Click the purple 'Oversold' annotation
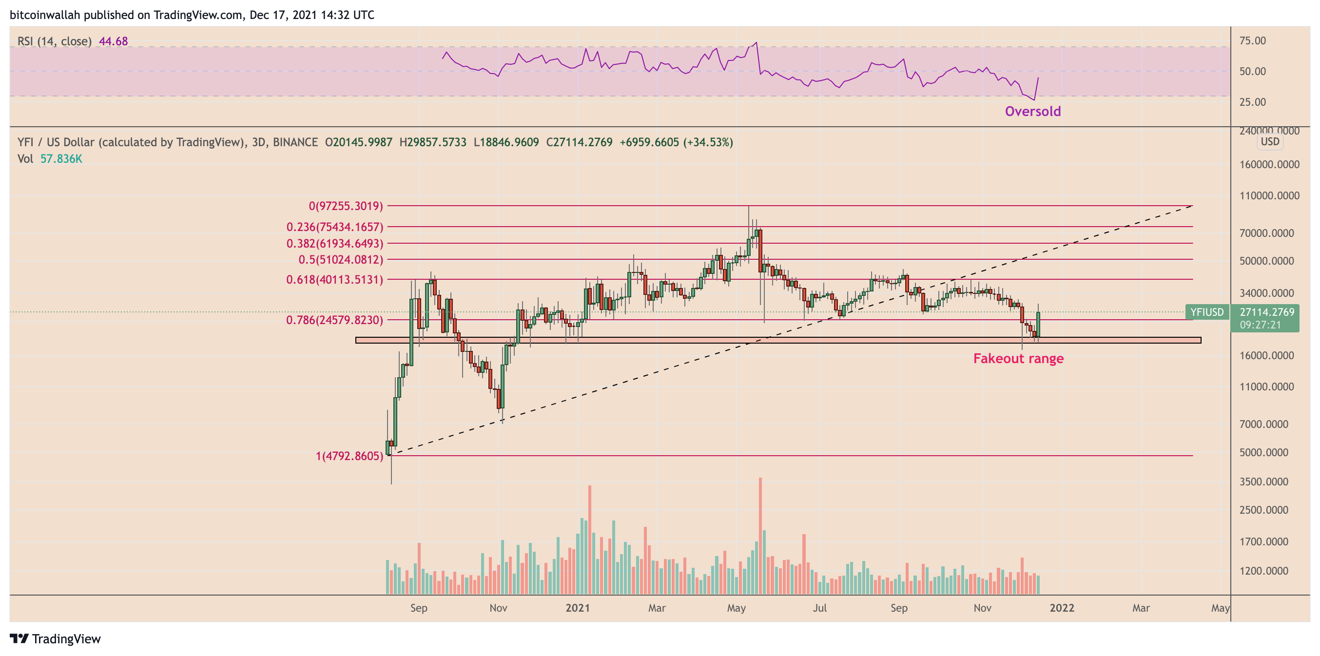1032,111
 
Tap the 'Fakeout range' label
1018,358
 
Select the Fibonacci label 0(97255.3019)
346,206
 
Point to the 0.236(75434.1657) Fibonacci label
334,227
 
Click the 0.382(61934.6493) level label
334,243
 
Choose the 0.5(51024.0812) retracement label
341,260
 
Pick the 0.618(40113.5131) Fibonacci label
334,280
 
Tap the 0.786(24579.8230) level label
334,320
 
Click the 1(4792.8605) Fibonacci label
349,456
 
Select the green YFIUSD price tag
1206,312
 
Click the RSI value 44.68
113,41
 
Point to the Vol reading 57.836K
61,159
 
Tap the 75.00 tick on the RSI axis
1252,40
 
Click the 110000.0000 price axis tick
1269,196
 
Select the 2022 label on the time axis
1062,608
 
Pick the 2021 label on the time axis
578,608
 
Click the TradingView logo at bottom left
56,639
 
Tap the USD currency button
1270,141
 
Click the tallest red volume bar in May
760,536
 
